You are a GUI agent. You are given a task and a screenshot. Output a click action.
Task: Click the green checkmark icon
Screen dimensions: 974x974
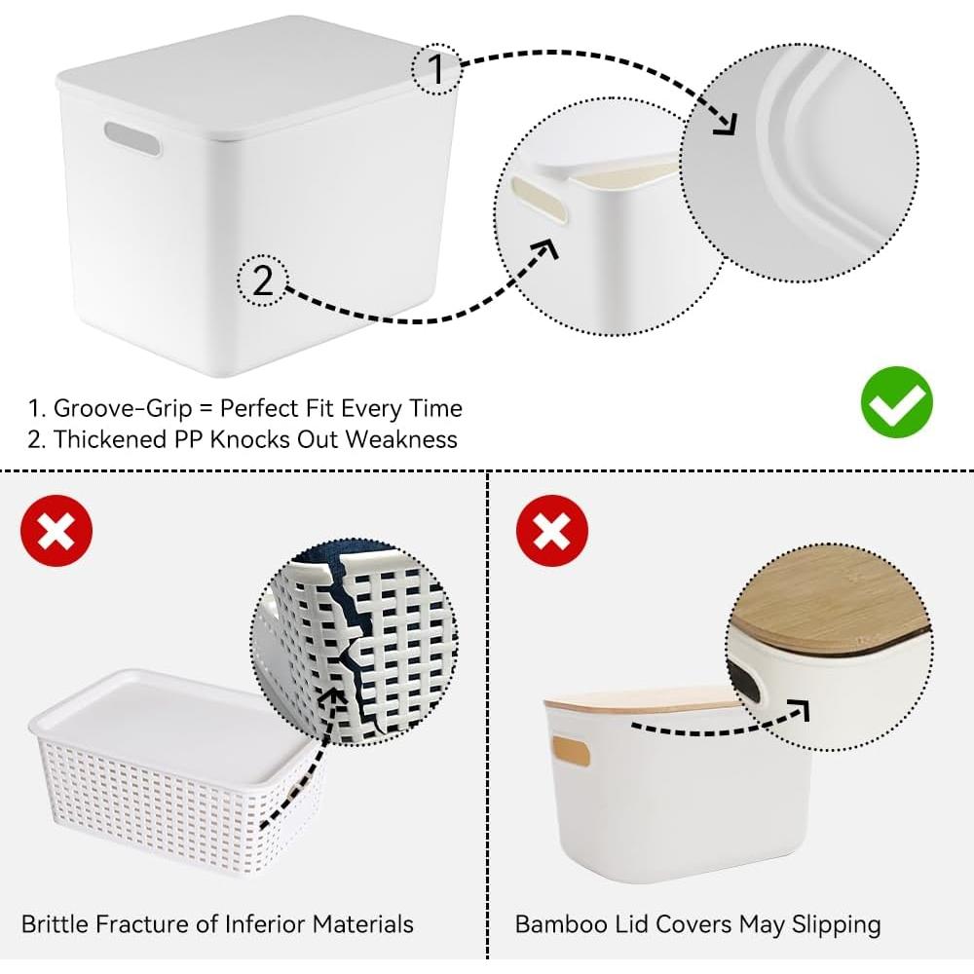coord(896,401)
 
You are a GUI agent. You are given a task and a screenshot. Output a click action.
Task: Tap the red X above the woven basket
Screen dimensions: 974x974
coord(56,531)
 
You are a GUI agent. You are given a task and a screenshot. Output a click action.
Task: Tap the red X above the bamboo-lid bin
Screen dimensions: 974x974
coord(550,531)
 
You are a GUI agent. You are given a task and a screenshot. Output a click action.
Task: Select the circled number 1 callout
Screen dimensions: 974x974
coord(435,68)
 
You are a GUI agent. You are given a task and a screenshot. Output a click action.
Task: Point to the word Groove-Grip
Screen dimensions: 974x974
coord(127,408)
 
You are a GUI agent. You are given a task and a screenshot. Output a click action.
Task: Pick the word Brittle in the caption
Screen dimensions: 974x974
coord(56,922)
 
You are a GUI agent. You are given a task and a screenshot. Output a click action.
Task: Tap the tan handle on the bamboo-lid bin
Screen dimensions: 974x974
coord(570,751)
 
